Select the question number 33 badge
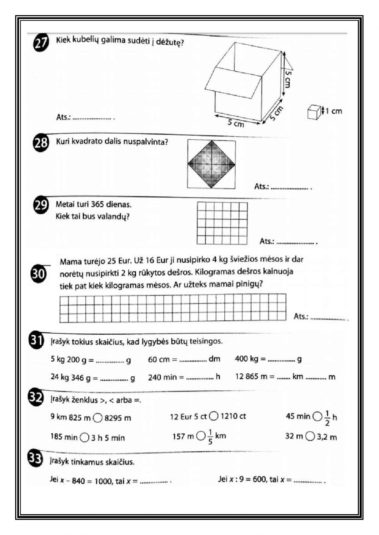click(35, 459)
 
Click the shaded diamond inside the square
click(211, 164)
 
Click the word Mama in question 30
click(69, 261)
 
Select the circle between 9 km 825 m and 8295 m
click(98, 418)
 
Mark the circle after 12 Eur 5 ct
click(214, 416)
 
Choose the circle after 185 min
click(85, 438)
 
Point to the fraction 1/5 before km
click(210, 437)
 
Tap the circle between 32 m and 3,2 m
click(310, 437)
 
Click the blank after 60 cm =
click(193, 360)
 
